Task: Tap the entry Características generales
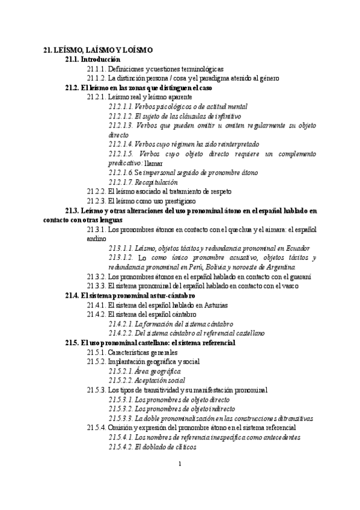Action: click(x=142, y=352)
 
